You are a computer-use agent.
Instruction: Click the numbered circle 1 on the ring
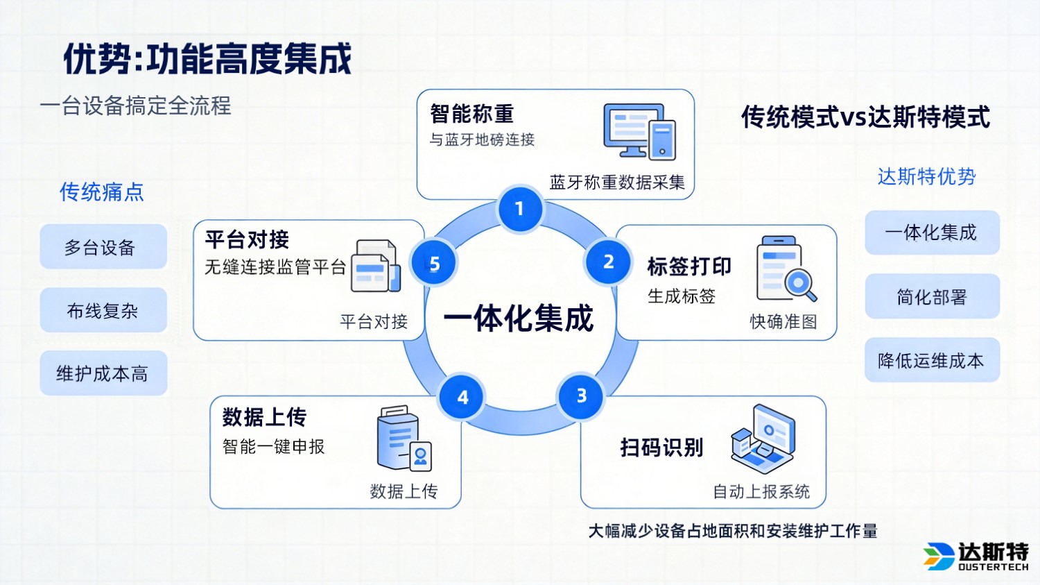click(520, 209)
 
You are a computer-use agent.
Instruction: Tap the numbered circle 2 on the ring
click(608, 262)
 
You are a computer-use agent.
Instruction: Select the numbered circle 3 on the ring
click(581, 396)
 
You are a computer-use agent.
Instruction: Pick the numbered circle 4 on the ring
click(462, 398)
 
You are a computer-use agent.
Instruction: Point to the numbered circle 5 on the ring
click(434, 264)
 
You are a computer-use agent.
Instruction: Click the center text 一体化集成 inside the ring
click(519, 319)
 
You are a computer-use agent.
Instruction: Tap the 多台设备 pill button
click(103, 247)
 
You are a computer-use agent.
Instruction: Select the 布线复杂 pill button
click(103, 310)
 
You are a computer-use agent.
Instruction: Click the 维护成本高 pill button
click(103, 374)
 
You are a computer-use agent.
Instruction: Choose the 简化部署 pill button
click(932, 297)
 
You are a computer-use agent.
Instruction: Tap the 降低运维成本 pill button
click(932, 360)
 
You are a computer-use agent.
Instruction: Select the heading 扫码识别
click(661, 448)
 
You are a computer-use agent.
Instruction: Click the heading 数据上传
click(264, 417)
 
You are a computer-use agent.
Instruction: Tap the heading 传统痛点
click(102, 192)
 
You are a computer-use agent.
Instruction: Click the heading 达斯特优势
click(926, 176)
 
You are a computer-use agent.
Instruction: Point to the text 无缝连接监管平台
click(275, 267)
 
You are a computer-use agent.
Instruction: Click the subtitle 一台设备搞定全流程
click(136, 106)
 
